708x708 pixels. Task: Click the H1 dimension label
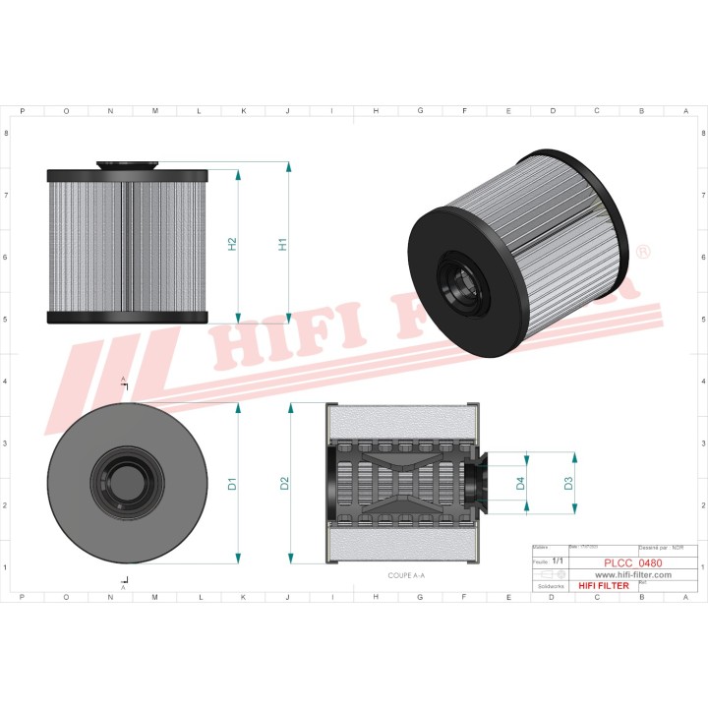tap(282, 244)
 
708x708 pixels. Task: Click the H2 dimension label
tap(232, 244)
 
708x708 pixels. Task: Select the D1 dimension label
tap(232, 484)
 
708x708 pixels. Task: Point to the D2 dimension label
tap(283, 484)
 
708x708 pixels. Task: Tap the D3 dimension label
tap(568, 483)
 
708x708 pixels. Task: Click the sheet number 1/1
tap(558, 560)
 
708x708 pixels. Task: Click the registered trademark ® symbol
tap(644, 254)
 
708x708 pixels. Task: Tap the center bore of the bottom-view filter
tap(123, 483)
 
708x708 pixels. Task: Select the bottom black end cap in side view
tap(128, 318)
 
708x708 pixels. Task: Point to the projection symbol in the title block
tap(545, 573)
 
